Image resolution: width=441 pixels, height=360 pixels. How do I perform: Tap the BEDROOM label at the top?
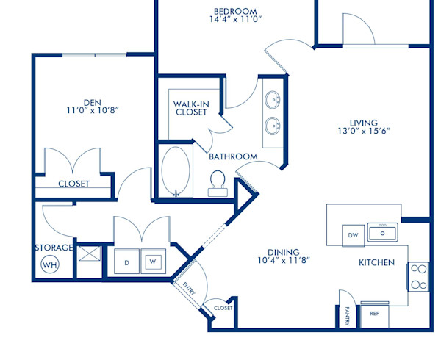pyautogui.click(x=234, y=11)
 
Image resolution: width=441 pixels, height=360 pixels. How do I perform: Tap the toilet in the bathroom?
pyautogui.click(x=218, y=184)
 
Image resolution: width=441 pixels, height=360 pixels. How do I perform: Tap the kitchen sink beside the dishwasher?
pyautogui.click(x=381, y=234)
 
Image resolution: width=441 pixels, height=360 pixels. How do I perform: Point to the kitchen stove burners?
pyautogui.click(x=418, y=276)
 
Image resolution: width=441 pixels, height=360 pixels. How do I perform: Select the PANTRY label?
pyautogui.click(x=346, y=316)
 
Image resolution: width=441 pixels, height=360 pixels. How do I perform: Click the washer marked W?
pyautogui.click(x=153, y=262)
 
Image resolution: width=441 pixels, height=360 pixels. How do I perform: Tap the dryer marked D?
pyautogui.click(x=126, y=262)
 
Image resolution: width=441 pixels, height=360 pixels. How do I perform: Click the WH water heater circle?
pyautogui.click(x=50, y=264)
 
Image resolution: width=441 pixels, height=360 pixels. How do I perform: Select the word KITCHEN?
pyautogui.click(x=376, y=262)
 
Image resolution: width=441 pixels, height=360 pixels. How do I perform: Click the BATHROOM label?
pyautogui.click(x=233, y=156)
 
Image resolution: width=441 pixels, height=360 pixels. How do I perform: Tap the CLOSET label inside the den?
pyautogui.click(x=73, y=184)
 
